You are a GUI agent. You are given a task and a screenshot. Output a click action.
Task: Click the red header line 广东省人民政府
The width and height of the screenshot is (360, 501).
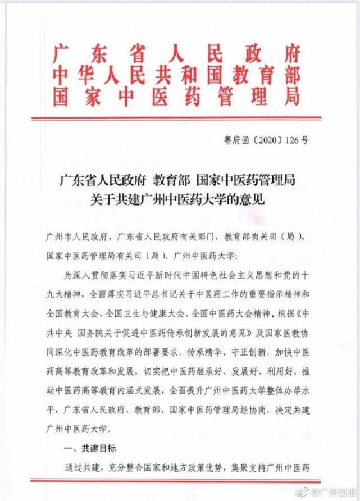[176, 55]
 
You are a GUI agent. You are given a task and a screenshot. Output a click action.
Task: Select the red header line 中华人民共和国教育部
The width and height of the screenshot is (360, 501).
[176, 77]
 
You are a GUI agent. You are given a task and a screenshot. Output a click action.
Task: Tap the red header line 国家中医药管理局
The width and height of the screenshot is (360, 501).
[176, 98]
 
